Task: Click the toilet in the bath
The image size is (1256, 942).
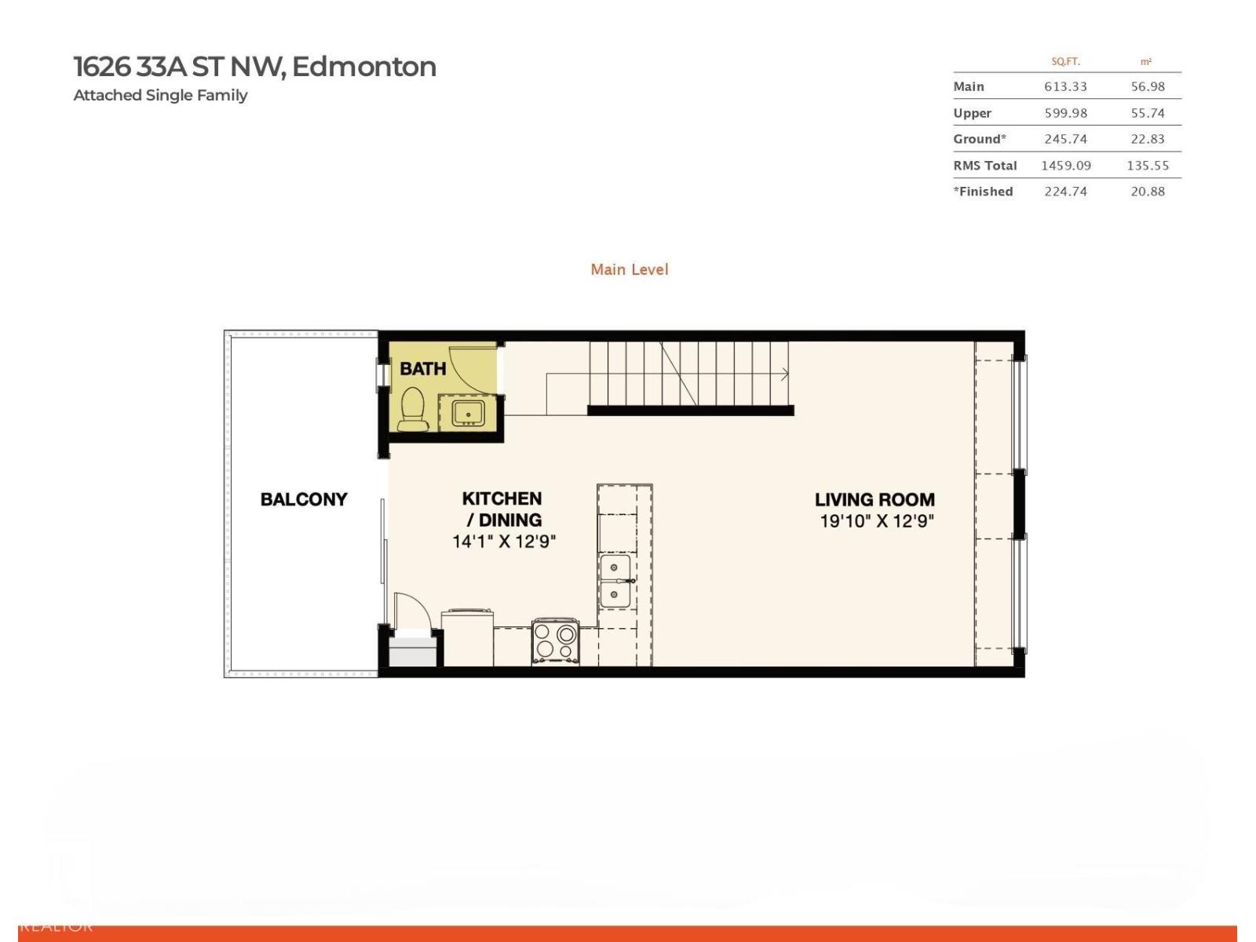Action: pyautogui.click(x=412, y=410)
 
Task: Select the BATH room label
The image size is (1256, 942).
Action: pyautogui.click(x=422, y=368)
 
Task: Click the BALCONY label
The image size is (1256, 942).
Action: pyautogui.click(x=304, y=499)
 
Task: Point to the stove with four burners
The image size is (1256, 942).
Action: pyautogui.click(x=555, y=641)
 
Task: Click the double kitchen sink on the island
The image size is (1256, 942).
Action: pyautogui.click(x=615, y=581)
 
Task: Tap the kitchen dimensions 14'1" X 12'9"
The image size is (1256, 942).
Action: pyautogui.click(x=503, y=541)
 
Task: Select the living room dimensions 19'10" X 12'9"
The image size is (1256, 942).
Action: pyautogui.click(x=876, y=521)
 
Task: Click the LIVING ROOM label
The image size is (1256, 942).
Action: pyautogui.click(x=874, y=499)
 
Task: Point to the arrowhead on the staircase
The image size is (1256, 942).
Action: pyautogui.click(x=785, y=374)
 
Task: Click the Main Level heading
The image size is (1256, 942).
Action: pyautogui.click(x=630, y=269)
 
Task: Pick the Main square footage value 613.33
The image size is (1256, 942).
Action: pyautogui.click(x=1065, y=86)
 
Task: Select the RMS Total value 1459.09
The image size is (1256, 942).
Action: pyautogui.click(x=1065, y=166)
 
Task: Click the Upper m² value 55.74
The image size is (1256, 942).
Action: pyautogui.click(x=1148, y=113)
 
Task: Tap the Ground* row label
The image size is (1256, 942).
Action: pyautogui.click(x=979, y=139)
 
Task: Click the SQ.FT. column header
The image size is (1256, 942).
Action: pyautogui.click(x=1065, y=61)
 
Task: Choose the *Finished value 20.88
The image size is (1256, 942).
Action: pyautogui.click(x=1148, y=192)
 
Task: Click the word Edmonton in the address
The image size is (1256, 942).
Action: pyautogui.click(x=363, y=67)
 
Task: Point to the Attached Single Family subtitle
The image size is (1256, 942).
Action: pyautogui.click(x=160, y=95)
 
